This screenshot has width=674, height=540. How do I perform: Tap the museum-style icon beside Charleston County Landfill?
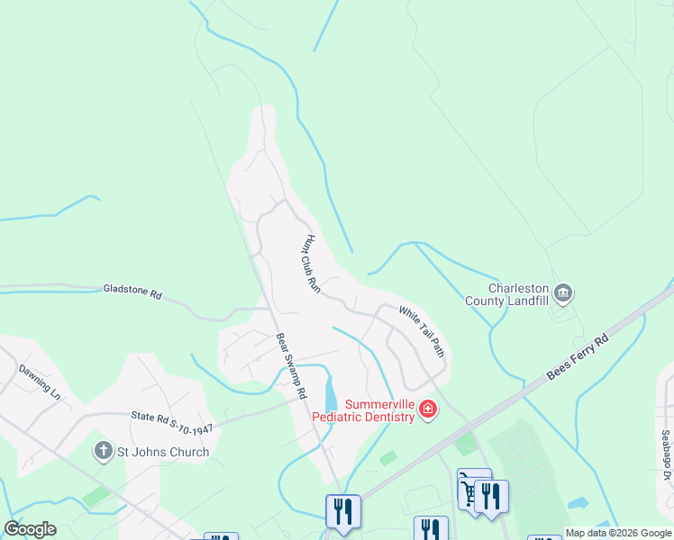coord(563,293)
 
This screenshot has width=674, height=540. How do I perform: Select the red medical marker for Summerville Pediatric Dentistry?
coord(428,411)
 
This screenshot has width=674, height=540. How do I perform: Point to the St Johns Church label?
coord(163,452)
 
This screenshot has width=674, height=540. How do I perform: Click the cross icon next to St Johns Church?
coord(105,451)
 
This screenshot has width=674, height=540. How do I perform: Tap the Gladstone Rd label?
coord(132,293)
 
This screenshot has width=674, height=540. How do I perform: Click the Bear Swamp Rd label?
coord(292,367)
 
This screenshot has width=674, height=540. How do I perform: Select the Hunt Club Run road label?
coord(312,264)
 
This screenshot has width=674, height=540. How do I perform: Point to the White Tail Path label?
coord(422,331)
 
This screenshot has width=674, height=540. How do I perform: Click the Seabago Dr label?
coord(666,455)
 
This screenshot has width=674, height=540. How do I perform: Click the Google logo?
coord(30,529)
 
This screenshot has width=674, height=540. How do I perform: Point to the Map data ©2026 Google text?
coord(618,533)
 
